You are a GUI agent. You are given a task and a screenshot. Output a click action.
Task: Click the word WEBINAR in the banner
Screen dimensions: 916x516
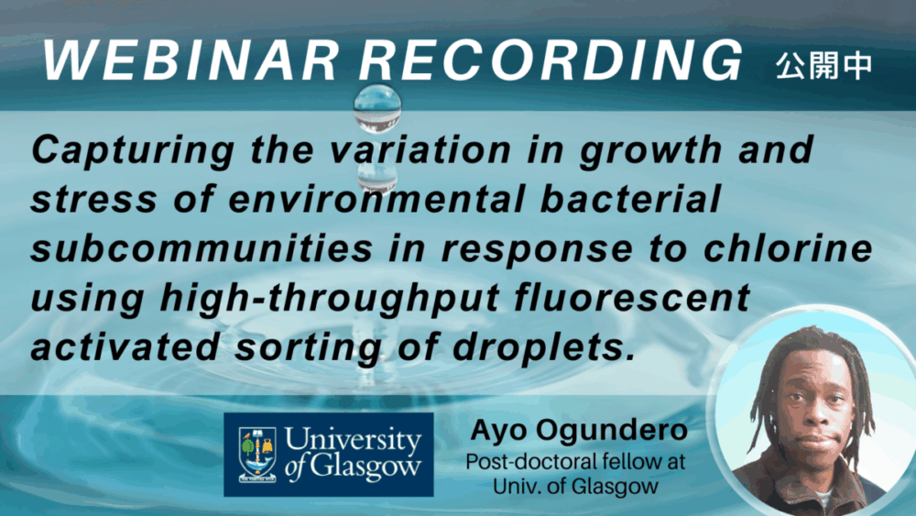coord(191,60)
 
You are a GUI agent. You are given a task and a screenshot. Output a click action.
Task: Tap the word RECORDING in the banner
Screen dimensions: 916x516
coord(551,60)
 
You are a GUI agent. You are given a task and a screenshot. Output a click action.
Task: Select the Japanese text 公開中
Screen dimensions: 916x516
coord(823,65)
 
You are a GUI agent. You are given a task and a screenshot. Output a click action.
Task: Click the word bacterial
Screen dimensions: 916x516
coord(630,198)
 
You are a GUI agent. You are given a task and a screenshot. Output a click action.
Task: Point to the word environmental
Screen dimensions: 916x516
coord(376,198)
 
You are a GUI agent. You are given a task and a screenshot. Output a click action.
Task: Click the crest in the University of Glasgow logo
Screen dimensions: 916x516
coord(257,454)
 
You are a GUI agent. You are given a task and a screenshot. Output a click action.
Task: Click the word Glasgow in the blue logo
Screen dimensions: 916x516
coord(365,467)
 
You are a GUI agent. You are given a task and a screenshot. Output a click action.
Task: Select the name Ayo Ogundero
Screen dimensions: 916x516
coord(579,430)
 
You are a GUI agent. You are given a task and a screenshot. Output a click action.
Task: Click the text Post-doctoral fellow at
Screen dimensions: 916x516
coord(575,462)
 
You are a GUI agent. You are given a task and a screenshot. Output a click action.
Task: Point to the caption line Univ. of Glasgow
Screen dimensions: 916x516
coord(575,486)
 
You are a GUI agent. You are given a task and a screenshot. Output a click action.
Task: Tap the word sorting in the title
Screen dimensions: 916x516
coord(309,347)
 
